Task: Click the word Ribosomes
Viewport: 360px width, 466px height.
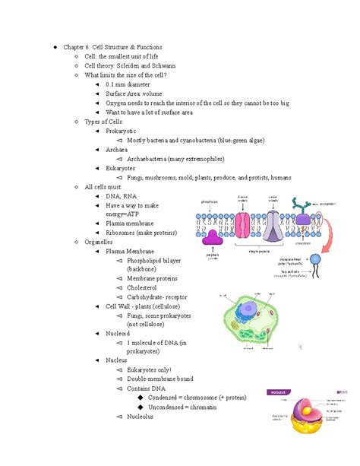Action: pyautogui.click(x=121, y=233)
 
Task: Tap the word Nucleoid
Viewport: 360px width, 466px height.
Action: pyautogui.click(x=118, y=334)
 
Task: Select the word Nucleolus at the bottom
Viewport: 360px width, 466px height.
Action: pyautogui.click(x=141, y=417)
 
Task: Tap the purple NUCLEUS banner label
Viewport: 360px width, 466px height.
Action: pyautogui.click(x=276, y=392)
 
